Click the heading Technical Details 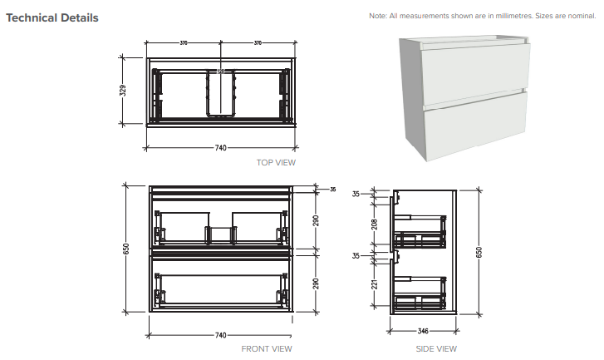tap(52, 17)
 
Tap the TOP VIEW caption tap(276, 163)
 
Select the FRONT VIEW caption tap(267, 348)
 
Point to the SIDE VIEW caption tap(436, 348)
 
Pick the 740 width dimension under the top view tap(221, 147)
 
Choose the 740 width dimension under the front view tap(221, 335)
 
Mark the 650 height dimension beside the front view tap(127, 249)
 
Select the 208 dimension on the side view tap(376, 224)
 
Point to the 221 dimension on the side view tap(376, 284)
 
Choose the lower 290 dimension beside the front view tap(317, 283)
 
